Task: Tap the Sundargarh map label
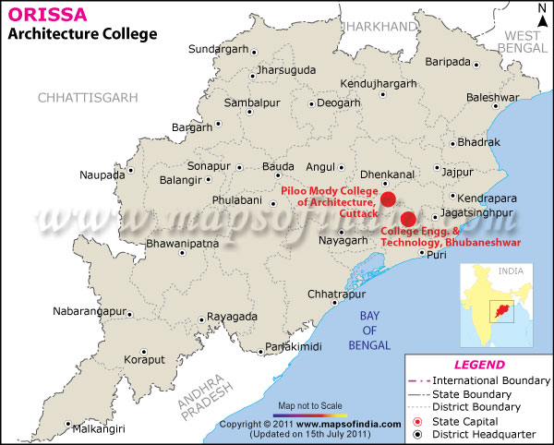pos(219,48)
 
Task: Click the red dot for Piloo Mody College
pos(388,198)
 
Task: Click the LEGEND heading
pos(479,365)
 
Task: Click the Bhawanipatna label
pos(181,245)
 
